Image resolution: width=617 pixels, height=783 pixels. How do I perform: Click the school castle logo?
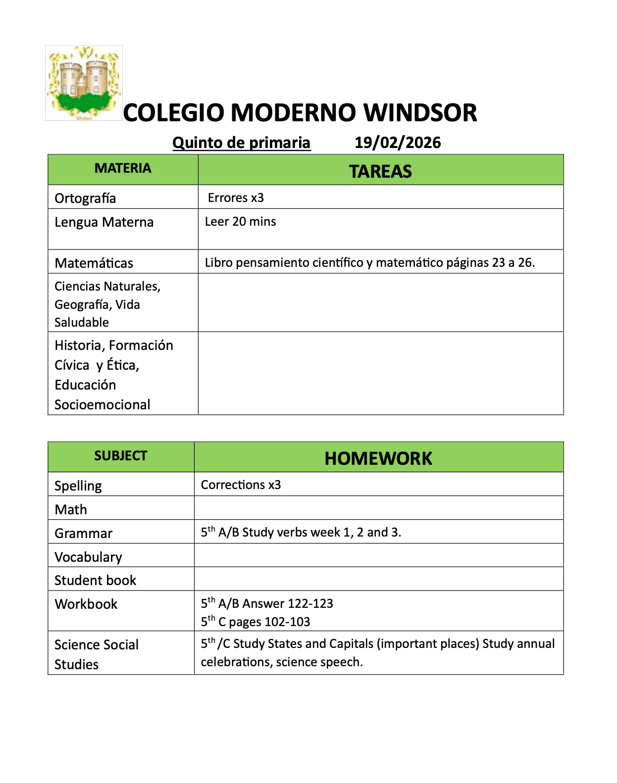(x=84, y=83)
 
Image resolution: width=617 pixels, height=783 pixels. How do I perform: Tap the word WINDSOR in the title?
(x=420, y=113)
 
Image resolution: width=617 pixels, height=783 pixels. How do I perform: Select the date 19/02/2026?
(x=398, y=143)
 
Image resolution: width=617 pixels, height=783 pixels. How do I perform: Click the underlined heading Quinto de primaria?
(x=241, y=143)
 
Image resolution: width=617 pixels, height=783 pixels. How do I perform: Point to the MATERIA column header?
(x=123, y=169)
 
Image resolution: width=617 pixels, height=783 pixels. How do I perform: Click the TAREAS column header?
(x=380, y=171)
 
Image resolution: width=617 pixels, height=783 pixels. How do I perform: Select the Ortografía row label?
(x=85, y=198)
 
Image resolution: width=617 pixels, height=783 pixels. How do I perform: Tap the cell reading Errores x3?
(x=236, y=198)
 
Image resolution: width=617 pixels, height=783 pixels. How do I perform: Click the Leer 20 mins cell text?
(x=241, y=222)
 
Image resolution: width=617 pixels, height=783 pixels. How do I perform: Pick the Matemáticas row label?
(x=94, y=263)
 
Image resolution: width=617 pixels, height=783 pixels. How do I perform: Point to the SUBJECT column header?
(x=121, y=456)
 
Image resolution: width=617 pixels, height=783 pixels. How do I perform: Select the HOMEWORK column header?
(x=378, y=458)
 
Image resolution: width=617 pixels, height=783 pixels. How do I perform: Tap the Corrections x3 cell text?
(x=241, y=485)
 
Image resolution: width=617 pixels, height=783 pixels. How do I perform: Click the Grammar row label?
(x=84, y=534)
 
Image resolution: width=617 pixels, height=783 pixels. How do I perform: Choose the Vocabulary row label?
(x=88, y=557)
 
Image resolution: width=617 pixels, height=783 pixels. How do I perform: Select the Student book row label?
(x=95, y=581)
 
